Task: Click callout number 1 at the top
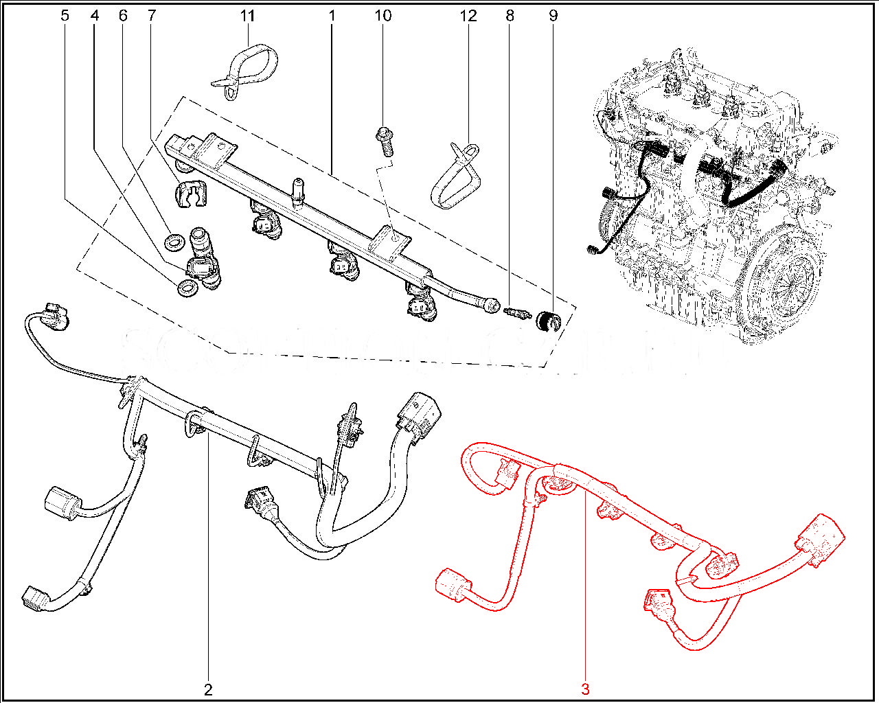[332, 15]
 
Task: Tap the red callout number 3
[585, 689]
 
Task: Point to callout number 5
[65, 15]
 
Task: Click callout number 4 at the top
[95, 15]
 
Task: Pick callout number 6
[123, 15]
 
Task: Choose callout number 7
[151, 15]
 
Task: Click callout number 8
[510, 15]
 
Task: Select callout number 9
[553, 15]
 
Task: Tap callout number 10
[383, 15]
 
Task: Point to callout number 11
[247, 15]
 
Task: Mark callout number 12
[468, 15]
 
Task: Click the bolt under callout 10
[383, 140]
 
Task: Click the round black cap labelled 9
[549, 320]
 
